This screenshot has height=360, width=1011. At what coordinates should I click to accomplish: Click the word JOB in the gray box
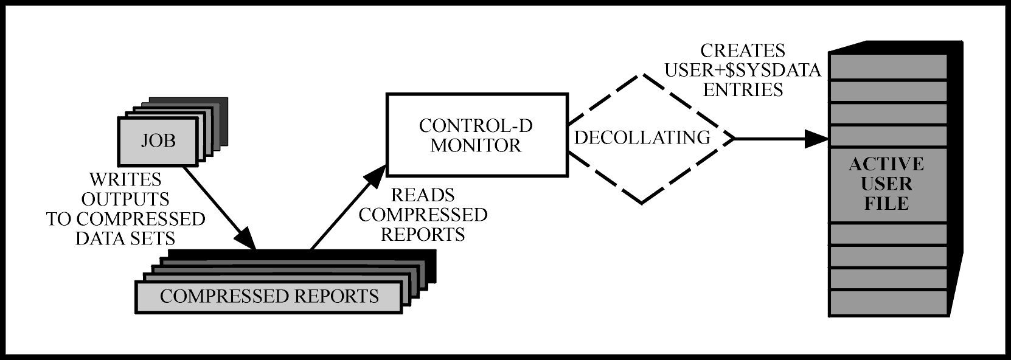[158, 140]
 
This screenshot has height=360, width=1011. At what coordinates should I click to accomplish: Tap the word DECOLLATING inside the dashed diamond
[642, 137]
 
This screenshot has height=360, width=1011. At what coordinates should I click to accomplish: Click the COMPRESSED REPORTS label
[269, 296]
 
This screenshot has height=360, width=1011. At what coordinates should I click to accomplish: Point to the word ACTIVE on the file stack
[886, 164]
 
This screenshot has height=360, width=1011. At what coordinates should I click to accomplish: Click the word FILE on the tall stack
[886, 203]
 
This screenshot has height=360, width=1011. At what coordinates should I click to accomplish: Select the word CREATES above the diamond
[742, 50]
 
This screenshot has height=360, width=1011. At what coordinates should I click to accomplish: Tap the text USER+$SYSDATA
[742, 70]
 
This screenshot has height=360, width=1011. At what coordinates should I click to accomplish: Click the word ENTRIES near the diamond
[742, 89]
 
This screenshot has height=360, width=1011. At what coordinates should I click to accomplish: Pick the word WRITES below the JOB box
[125, 179]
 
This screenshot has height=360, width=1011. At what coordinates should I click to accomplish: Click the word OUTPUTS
[125, 199]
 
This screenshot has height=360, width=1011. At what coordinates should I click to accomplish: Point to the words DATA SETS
[125, 238]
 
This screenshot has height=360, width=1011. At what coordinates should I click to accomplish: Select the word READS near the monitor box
[422, 195]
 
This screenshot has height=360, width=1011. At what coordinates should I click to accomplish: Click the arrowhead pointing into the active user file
[816, 139]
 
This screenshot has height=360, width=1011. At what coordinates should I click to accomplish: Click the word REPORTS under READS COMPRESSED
[422, 234]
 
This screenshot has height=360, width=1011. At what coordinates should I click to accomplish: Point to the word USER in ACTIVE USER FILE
[886, 184]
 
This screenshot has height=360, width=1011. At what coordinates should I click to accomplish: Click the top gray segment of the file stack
[889, 66]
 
